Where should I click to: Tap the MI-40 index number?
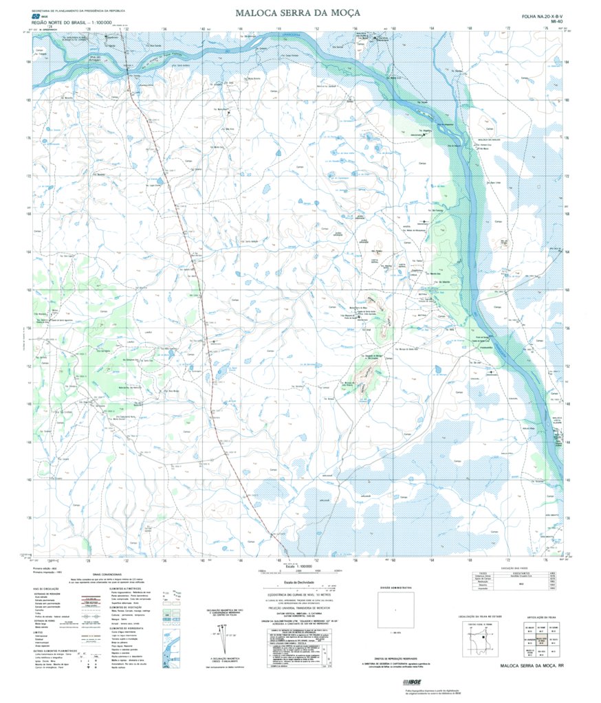tap(556, 22)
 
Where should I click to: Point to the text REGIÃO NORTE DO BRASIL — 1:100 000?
tap(58, 23)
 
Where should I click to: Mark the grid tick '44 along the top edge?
tap(239, 29)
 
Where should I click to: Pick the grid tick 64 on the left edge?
tap(28, 252)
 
